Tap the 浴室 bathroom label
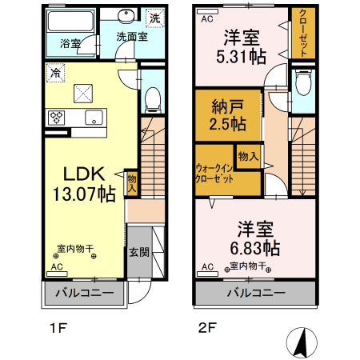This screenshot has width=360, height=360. (x=70, y=44)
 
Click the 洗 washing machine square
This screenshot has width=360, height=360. (x=154, y=17)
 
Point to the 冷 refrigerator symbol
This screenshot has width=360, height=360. (x=56, y=72)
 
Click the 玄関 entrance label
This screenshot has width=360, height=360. (x=138, y=251)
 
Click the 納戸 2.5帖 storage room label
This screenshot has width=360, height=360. (x=227, y=116)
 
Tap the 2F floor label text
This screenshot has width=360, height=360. (x=207, y=328)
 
